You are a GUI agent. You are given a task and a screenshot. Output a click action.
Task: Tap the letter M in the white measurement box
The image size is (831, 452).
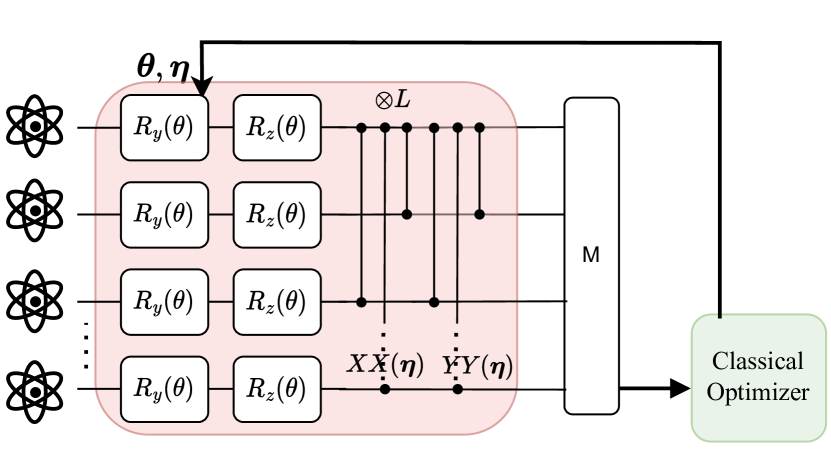click(x=591, y=255)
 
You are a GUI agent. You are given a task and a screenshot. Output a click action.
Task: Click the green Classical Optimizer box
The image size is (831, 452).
click(x=759, y=376)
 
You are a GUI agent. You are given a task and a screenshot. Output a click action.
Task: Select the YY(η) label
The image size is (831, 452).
click(x=477, y=366)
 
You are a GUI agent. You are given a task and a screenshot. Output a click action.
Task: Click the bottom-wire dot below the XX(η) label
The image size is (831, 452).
click(x=385, y=388)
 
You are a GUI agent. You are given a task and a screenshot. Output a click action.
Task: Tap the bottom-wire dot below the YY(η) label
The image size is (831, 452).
click(x=458, y=388)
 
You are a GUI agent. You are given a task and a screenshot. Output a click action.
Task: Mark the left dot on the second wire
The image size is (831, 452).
click(x=407, y=214)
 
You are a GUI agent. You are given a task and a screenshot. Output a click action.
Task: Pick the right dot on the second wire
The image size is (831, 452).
click(x=480, y=214)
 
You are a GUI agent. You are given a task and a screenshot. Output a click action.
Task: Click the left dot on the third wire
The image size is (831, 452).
click(x=361, y=300)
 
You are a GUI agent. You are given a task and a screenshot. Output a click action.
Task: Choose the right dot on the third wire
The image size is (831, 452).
click(x=434, y=300)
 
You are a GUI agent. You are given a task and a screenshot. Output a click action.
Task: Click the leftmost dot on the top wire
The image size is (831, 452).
click(x=361, y=128)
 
